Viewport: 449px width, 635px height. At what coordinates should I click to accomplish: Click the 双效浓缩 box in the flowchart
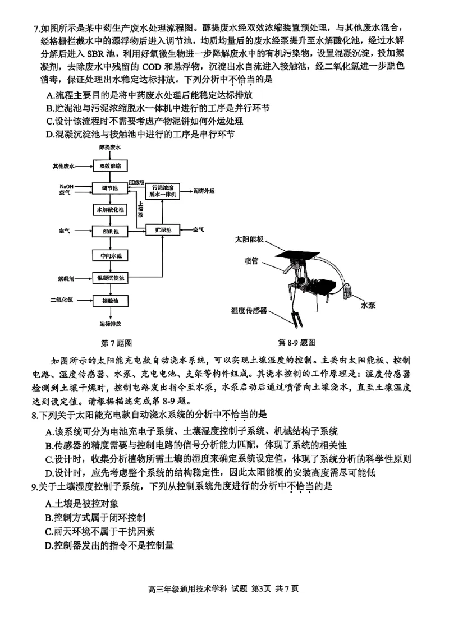point(111,166)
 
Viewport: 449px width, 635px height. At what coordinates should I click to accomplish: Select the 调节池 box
point(111,188)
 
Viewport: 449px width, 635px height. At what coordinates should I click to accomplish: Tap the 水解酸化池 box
point(111,209)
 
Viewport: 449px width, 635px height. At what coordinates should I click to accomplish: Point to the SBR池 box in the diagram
point(111,231)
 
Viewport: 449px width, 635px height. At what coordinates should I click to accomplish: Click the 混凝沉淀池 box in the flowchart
point(111,278)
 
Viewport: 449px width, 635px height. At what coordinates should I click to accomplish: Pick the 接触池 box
point(111,301)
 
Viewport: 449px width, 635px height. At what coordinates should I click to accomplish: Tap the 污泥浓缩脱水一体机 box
point(163,190)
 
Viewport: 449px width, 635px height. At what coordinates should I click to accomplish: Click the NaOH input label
point(66,186)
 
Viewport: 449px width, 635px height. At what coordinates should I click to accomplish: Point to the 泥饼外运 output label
point(204,191)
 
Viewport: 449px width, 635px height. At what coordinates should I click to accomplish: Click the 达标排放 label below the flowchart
point(111,324)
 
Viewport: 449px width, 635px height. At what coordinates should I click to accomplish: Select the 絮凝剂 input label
point(66,278)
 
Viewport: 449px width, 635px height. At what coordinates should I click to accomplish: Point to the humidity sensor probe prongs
point(296,321)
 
